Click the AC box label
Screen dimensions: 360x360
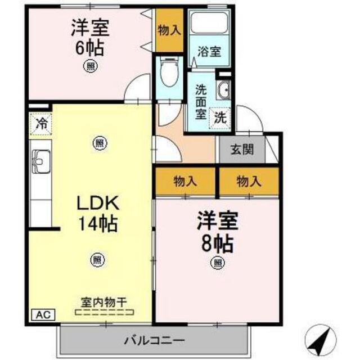[x=43, y=314]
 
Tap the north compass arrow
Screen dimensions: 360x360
[x=321, y=340]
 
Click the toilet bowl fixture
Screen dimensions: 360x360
[x=169, y=72]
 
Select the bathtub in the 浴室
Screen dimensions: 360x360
[x=209, y=22]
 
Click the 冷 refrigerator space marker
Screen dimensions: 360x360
[x=40, y=124]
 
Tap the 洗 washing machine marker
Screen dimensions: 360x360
[x=220, y=118]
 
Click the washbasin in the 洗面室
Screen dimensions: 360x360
[x=223, y=90]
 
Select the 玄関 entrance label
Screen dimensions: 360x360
[x=242, y=150]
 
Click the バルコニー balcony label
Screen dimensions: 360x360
[x=154, y=340]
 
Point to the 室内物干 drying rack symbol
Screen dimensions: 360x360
[x=105, y=312]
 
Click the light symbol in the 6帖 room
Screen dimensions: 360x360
[x=90, y=66]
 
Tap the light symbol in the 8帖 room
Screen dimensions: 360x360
[x=218, y=263]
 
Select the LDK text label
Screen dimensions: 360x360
[x=98, y=203]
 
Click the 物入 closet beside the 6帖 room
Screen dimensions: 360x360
[x=169, y=30]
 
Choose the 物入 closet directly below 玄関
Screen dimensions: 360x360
[x=249, y=182]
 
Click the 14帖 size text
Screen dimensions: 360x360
[x=98, y=223]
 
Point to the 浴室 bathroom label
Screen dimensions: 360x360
[x=209, y=51]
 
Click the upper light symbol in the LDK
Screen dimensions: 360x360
[x=100, y=143]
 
